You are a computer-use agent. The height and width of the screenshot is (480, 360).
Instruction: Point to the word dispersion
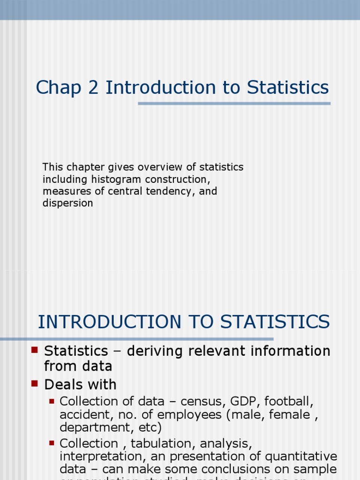click(67, 203)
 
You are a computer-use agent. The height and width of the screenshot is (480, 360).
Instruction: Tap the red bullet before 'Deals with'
click(34, 383)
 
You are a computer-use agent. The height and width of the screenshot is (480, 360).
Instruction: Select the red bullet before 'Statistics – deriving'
click(34, 350)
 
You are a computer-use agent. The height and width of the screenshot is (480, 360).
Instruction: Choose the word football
click(288, 402)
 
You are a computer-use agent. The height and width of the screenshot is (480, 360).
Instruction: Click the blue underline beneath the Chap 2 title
click(234, 104)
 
